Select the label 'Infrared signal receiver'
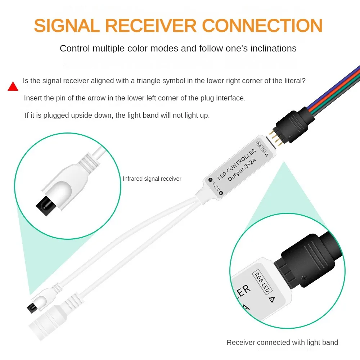[152, 179]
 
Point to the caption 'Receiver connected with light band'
[282, 342]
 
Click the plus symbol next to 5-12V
[221, 193]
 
